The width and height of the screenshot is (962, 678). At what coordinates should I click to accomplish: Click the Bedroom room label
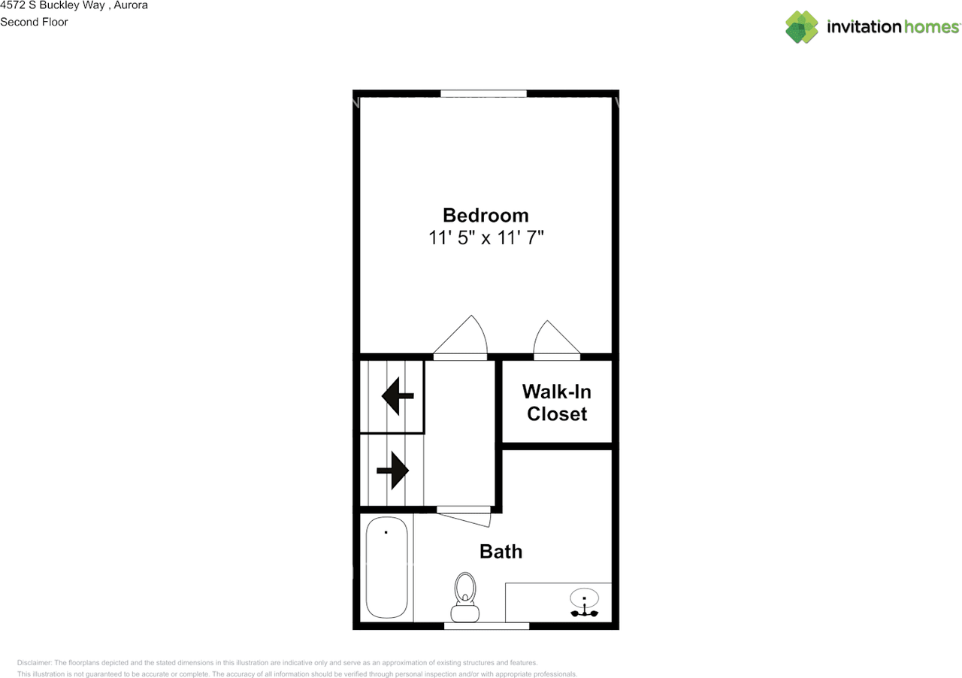tap(486, 215)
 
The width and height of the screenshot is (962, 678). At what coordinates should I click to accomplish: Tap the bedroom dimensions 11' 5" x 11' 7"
tap(486, 238)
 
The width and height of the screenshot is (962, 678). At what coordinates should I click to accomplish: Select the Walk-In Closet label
tap(557, 402)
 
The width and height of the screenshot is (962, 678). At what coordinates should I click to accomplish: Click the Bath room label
tap(501, 552)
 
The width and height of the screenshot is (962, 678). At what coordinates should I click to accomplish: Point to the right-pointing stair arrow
tap(392, 471)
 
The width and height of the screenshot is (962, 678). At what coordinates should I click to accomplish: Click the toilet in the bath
tap(466, 598)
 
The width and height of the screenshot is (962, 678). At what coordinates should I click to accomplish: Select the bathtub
tap(387, 568)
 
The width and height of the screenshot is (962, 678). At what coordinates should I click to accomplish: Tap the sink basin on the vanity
tap(584, 599)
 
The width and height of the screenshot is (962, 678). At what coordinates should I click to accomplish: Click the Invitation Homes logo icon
tap(801, 27)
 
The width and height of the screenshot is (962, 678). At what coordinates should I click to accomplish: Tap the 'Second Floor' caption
tap(34, 22)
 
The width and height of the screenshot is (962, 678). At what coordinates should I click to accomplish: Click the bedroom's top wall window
tap(483, 93)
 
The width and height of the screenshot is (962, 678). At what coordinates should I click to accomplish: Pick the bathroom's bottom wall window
tap(486, 625)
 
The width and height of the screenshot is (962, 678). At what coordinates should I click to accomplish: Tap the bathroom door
tap(464, 515)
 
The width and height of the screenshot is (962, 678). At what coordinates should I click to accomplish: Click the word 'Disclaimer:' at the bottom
tap(35, 663)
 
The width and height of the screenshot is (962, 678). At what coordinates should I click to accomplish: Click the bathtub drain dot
tap(386, 532)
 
